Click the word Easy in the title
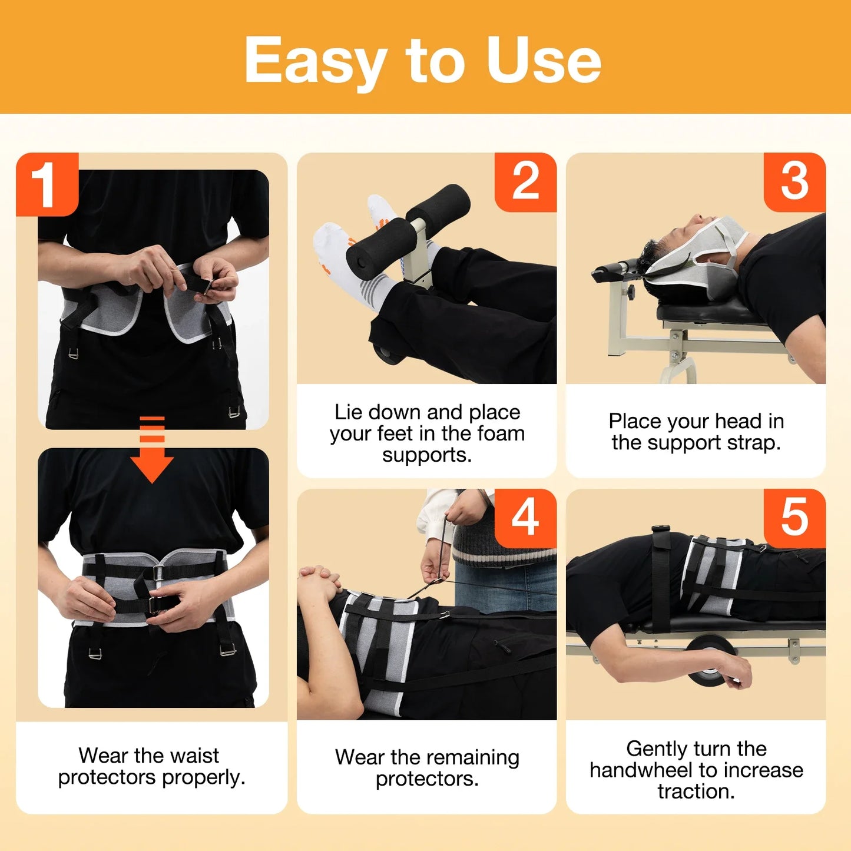coord(315,61)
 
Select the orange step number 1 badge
coord(47,184)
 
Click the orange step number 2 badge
coord(525,182)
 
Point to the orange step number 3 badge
coord(794,182)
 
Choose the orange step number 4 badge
coord(525,518)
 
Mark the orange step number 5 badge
coord(794,518)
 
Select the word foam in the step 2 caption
coord(501,433)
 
